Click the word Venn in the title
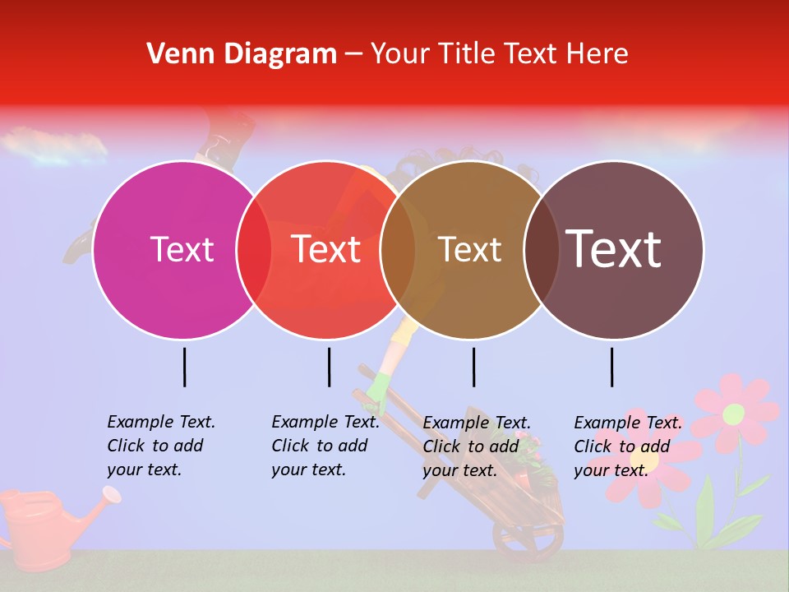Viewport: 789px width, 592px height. pos(173,54)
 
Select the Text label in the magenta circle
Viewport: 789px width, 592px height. pos(182,249)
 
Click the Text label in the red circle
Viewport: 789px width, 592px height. pos(326,249)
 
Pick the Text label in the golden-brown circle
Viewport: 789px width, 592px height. pos(470,249)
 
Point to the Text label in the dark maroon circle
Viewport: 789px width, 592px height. pos(614,249)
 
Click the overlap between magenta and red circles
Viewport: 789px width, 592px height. pos(254,249)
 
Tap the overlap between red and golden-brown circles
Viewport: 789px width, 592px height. pos(398,249)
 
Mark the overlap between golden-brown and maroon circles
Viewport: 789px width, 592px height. pos(542,249)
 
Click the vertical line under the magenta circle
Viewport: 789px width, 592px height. pos(185,367)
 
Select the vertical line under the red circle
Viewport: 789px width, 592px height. pos(329,367)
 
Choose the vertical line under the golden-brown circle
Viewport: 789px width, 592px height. pos(473,367)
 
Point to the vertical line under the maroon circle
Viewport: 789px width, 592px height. pos(612,367)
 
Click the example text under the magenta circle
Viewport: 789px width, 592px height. pos(160,446)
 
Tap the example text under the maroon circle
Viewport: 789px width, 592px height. pos(627,446)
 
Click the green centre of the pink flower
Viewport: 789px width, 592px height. pos(733,414)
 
